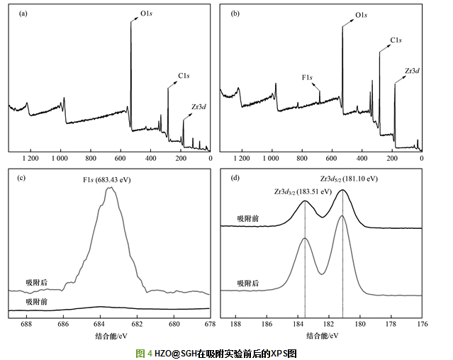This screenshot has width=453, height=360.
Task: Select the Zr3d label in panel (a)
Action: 199,106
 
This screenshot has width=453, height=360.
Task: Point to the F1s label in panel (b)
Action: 308,77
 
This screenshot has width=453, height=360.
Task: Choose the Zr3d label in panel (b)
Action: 411,70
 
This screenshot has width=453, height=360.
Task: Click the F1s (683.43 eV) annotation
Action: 108,179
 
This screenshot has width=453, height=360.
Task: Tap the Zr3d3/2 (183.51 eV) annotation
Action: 303,191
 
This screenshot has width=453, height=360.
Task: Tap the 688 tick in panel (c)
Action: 26,323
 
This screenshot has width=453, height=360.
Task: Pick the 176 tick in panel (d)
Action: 422,323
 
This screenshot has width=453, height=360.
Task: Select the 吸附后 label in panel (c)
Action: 37,282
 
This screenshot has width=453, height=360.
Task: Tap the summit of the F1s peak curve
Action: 111,189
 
